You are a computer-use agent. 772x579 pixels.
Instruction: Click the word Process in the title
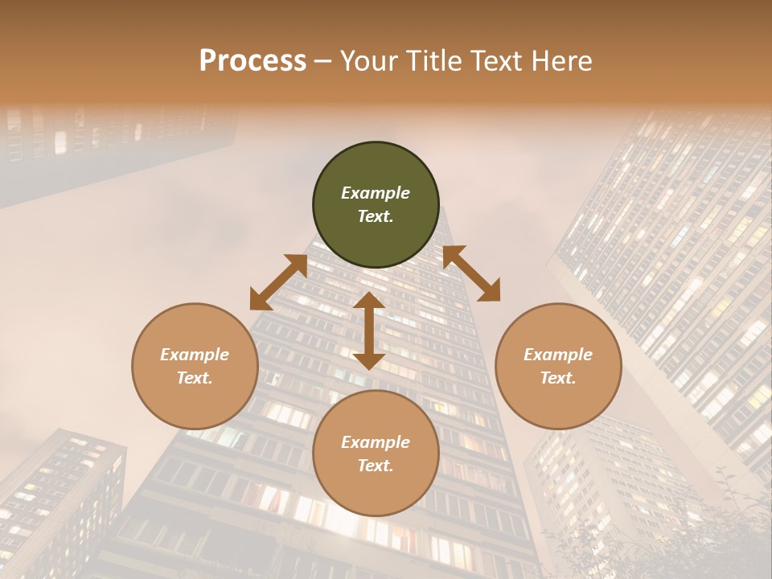point(253,61)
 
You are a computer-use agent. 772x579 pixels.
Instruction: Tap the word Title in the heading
point(433,61)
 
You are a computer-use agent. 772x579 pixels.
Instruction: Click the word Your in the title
point(371,61)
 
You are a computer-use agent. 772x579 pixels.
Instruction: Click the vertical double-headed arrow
point(368,331)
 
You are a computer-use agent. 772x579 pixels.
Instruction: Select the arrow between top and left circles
point(278,282)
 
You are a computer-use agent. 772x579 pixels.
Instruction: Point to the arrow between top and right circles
point(471,273)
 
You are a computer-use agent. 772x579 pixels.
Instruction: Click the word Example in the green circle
point(376,193)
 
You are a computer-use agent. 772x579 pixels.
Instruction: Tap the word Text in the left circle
point(195,378)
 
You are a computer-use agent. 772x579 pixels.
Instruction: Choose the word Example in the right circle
point(558,355)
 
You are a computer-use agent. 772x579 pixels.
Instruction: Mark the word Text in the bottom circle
point(376,466)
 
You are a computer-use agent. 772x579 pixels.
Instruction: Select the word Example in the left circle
point(195,355)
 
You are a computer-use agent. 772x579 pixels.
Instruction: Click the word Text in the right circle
point(558,378)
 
